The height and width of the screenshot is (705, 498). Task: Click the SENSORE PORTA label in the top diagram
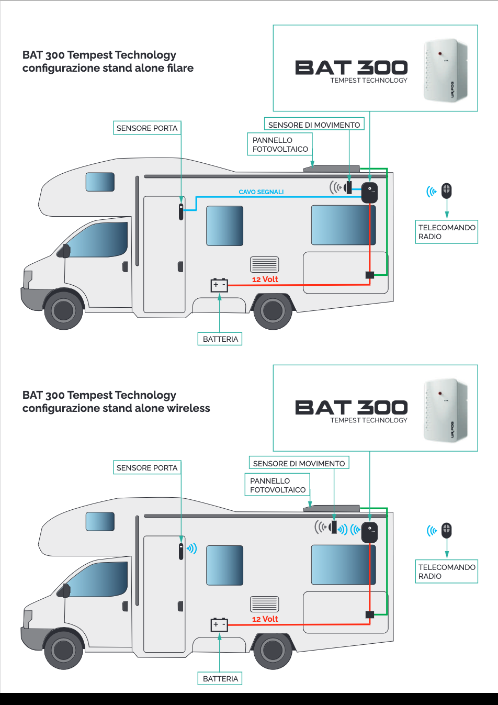pyautogui.click(x=147, y=128)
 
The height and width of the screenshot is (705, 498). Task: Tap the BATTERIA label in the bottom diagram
pyautogui.click(x=220, y=679)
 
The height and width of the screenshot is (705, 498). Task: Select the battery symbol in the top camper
pyautogui.click(x=219, y=285)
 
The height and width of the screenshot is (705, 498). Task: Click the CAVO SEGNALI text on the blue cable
pyautogui.click(x=261, y=192)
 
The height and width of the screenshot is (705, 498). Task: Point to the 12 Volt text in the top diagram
pyautogui.click(x=265, y=279)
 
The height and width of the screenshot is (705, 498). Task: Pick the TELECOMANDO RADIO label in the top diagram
pyautogui.click(x=446, y=232)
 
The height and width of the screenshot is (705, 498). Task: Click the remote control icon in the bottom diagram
pyautogui.click(x=447, y=530)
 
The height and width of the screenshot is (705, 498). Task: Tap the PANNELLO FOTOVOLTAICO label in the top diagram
pyautogui.click(x=280, y=144)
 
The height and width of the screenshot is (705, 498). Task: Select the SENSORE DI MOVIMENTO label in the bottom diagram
pyautogui.click(x=299, y=464)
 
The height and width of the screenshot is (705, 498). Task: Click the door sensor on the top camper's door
pyautogui.click(x=181, y=211)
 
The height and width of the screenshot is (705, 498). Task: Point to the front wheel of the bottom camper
pyautogui.click(x=63, y=650)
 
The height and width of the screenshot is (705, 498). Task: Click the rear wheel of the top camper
pyautogui.click(x=273, y=310)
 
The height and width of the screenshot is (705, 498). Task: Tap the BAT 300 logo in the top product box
pyautogui.click(x=351, y=68)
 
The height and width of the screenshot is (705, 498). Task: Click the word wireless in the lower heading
pyautogui.click(x=188, y=408)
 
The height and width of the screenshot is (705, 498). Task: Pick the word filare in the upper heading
pyautogui.click(x=180, y=68)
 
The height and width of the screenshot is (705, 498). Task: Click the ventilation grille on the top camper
pyautogui.click(x=265, y=264)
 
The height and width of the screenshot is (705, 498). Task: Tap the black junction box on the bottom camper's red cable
pyautogui.click(x=370, y=614)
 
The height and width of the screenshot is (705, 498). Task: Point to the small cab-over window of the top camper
pyautogui.click(x=100, y=182)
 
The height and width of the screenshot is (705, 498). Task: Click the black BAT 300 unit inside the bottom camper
pyautogui.click(x=370, y=532)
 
